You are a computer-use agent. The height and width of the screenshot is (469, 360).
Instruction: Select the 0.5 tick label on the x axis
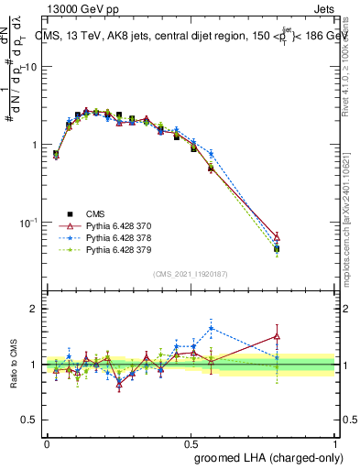coord(191,443)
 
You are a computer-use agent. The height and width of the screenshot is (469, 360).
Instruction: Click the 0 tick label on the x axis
coord(47,443)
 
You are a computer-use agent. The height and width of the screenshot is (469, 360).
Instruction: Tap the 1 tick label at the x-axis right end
coord(334,443)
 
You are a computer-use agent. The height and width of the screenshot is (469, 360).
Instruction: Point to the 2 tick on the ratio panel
coord(34,310)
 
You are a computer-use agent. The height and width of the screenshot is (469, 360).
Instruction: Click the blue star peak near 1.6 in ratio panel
coord(212,328)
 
